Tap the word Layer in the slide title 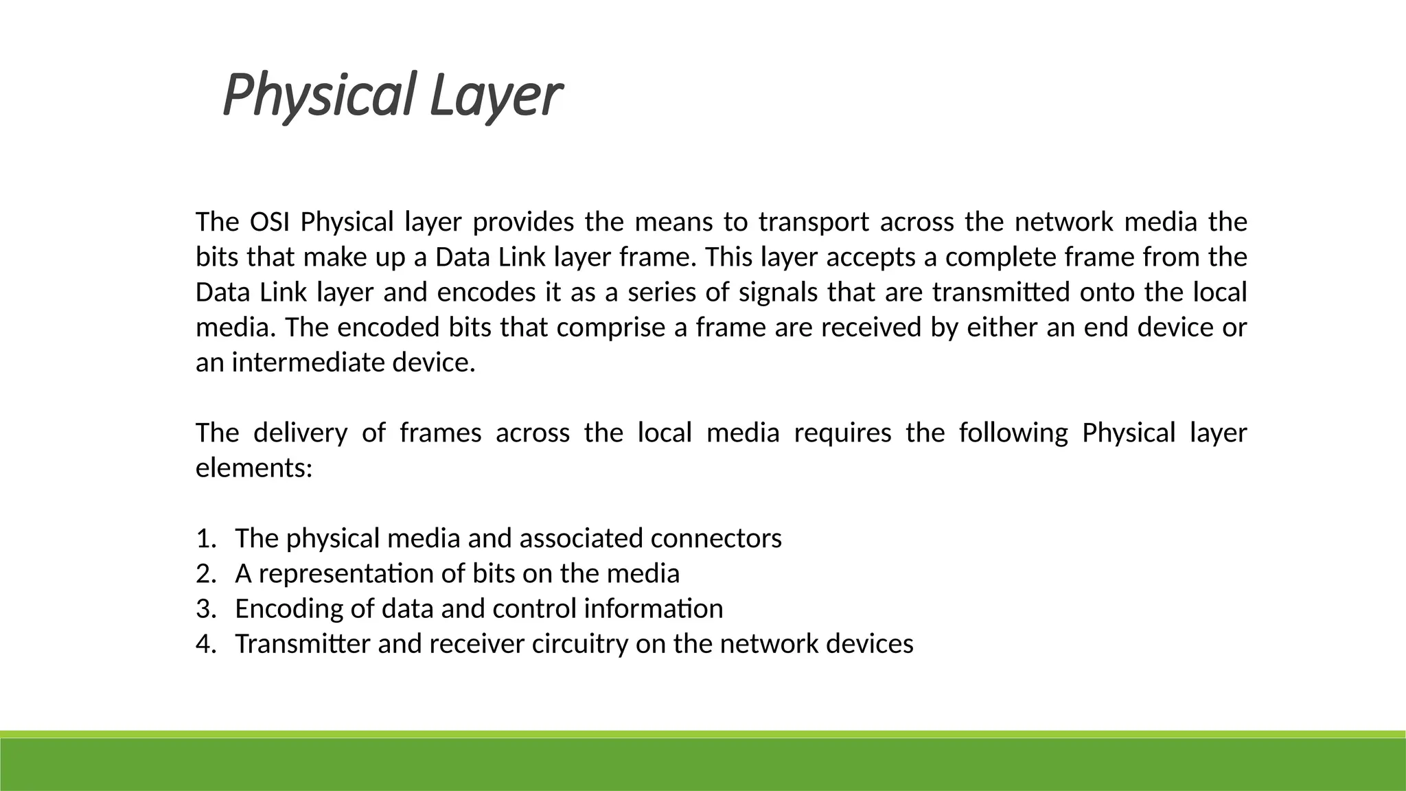coord(496,96)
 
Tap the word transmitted coord(1001,293)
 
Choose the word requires coord(842,433)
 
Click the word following coord(1013,433)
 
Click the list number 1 coord(204,538)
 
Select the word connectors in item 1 coord(716,538)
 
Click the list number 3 coord(204,609)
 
